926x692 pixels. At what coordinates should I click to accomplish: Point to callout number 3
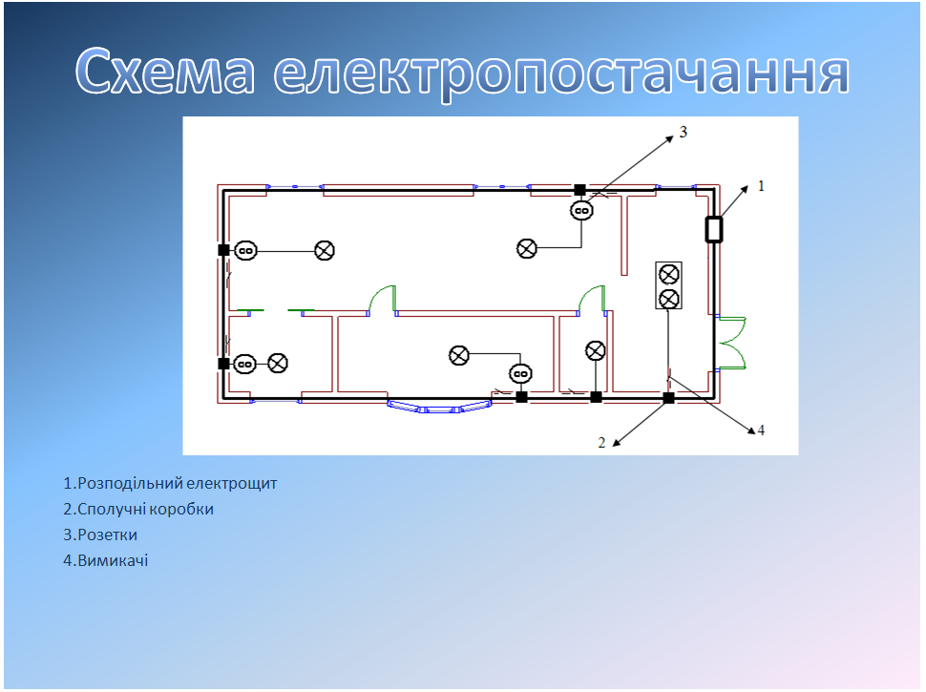coord(684,133)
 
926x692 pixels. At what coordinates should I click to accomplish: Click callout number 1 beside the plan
coord(761,186)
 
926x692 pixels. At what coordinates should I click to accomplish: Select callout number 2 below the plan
coord(601,442)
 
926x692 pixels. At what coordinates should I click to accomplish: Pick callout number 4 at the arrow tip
coord(761,430)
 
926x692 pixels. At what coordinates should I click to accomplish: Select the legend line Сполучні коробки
coord(138,509)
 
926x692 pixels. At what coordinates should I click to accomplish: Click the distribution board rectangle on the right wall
coord(713,230)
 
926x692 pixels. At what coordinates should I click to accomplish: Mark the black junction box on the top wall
coord(579,190)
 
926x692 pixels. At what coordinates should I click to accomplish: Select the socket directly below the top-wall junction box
coord(581,211)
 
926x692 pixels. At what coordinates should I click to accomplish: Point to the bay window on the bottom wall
coord(440,407)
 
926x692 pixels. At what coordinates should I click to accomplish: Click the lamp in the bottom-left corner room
coord(278,364)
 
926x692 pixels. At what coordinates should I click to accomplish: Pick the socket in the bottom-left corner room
coord(245,364)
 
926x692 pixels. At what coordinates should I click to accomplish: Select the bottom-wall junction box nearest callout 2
coord(668,397)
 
